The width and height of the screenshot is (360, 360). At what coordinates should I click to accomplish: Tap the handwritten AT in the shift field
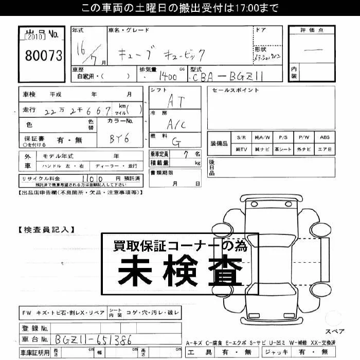click(x=175, y=102)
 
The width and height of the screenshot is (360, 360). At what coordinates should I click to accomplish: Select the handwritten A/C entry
click(x=176, y=124)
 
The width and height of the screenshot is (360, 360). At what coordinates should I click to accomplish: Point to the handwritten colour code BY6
click(x=119, y=139)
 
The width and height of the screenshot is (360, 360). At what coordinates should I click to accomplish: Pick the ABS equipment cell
click(x=325, y=137)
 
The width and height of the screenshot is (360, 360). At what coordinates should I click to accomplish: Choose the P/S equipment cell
click(x=283, y=137)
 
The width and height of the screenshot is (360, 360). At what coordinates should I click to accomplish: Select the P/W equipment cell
click(x=304, y=137)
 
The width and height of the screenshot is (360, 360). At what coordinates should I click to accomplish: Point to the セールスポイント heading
click(x=228, y=91)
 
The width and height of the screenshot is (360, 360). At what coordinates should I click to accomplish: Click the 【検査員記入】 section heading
click(x=46, y=229)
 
